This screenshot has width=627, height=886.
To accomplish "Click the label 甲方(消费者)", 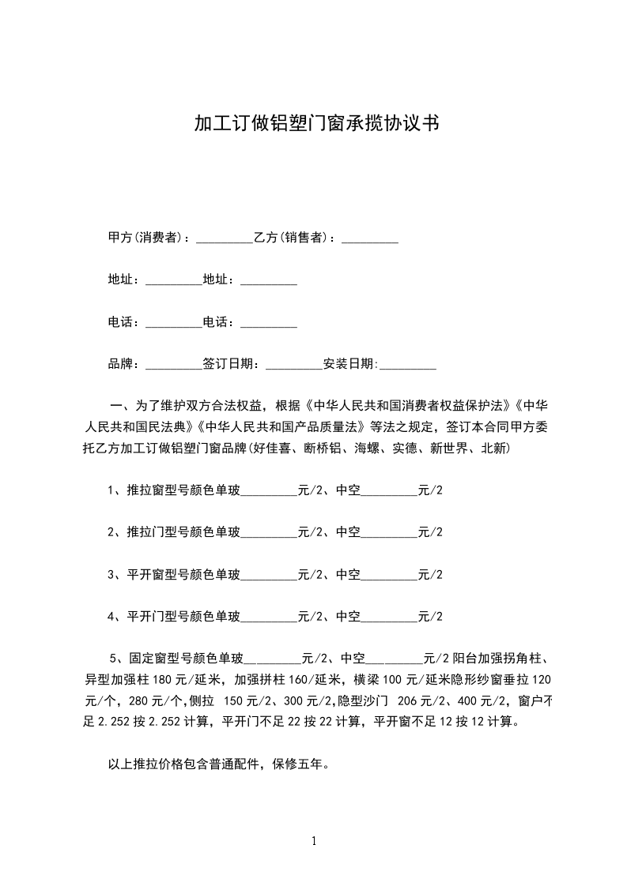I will point(145,238).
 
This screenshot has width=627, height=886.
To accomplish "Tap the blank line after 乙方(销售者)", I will point(369,238).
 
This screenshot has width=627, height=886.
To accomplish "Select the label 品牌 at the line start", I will point(122,364).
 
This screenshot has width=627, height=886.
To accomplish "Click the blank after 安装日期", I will point(408,364).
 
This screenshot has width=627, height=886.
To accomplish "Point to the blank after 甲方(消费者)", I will point(224,238).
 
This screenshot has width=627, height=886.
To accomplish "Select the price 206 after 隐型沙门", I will point(408,700).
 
